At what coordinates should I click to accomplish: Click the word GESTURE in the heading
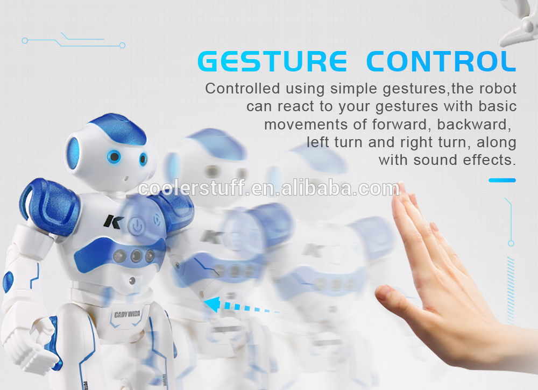click(x=272, y=61)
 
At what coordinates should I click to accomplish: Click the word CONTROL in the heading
click(x=441, y=61)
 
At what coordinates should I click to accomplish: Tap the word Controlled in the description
click(x=243, y=89)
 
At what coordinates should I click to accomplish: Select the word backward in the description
click(x=474, y=125)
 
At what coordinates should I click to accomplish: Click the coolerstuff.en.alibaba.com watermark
click(x=268, y=188)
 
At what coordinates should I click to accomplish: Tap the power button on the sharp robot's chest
click(x=137, y=226)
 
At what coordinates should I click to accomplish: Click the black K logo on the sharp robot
click(x=112, y=221)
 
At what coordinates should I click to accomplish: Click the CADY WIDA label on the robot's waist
click(x=127, y=314)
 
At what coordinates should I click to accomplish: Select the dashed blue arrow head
click(x=213, y=304)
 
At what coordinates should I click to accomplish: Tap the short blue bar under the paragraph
click(x=502, y=180)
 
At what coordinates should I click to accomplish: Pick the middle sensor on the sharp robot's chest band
click(x=136, y=255)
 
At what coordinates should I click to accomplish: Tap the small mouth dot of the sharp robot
click(x=126, y=178)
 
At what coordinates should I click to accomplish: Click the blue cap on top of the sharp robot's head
click(x=118, y=128)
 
